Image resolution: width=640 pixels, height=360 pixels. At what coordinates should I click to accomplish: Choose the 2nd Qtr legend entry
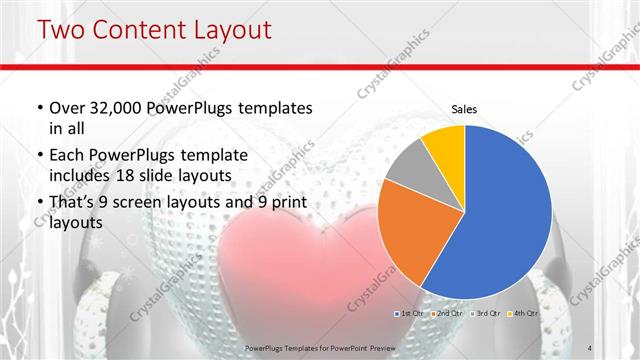pos(448,314)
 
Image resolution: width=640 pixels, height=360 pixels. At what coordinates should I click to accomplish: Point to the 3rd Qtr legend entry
pos(485,314)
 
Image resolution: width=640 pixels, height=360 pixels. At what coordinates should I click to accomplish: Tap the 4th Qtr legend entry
pos(521,314)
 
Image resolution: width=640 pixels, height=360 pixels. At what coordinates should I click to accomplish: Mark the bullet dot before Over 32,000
pos(38,108)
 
